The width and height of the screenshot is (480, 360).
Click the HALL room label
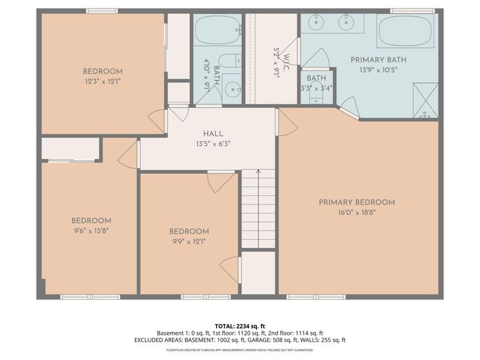[213, 134]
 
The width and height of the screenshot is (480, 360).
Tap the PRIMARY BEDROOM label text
[357, 202]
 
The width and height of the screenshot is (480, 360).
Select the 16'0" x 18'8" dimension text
[357, 212]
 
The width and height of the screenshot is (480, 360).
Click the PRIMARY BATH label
[379, 60]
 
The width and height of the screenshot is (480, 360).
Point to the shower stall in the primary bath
[425, 100]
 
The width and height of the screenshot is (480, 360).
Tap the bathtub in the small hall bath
[218, 30]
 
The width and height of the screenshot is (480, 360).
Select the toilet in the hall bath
[230, 61]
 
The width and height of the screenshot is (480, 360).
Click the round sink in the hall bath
[233, 89]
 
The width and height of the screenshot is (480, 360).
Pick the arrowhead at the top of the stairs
[259, 172]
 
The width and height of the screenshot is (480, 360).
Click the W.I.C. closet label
[286, 62]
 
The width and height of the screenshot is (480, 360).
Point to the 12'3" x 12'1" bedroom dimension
[103, 82]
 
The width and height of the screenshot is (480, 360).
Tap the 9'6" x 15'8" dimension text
[91, 231]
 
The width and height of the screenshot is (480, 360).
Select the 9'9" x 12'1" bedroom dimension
[189, 242]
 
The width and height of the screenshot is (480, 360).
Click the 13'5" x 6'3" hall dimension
[213, 144]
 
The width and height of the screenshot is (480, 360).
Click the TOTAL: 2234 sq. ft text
[239, 326]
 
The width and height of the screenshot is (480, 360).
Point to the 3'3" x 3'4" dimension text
[317, 89]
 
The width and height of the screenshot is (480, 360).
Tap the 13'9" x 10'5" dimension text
[379, 70]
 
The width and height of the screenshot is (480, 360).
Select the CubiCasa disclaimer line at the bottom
[239, 350]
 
